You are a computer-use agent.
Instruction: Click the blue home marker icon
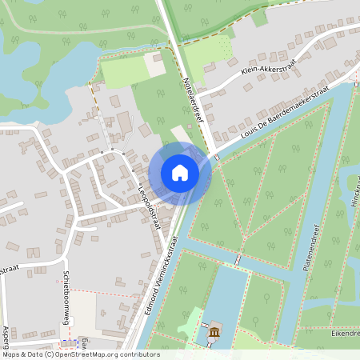click(180, 173)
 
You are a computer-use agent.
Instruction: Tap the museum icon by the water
click(214, 332)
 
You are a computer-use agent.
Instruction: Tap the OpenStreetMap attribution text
click(80, 354)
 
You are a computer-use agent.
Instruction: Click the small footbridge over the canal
click(237, 260)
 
